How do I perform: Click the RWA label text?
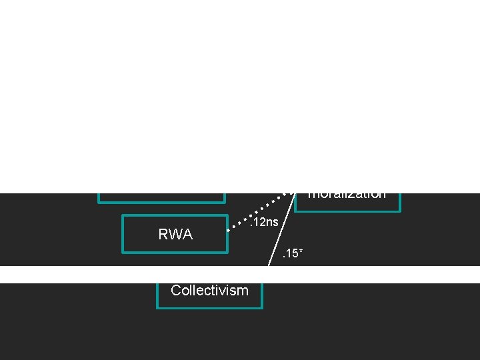(175, 234)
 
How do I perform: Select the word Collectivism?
(209, 291)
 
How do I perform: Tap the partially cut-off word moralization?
(347, 195)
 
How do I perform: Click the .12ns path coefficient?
(263, 222)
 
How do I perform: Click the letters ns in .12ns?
(271, 222)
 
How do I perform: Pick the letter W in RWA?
(175, 234)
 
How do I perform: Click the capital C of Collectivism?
(175, 291)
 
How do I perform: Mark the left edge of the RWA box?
(123, 234)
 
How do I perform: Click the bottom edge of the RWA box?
(175, 253)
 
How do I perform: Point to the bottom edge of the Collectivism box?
(209, 308)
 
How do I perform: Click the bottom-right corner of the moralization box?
(400, 211)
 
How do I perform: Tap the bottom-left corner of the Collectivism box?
(157, 308)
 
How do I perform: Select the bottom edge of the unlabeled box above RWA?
(161, 201)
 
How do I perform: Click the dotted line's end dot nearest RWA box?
(229, 230)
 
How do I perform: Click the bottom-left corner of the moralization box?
(295, 211)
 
